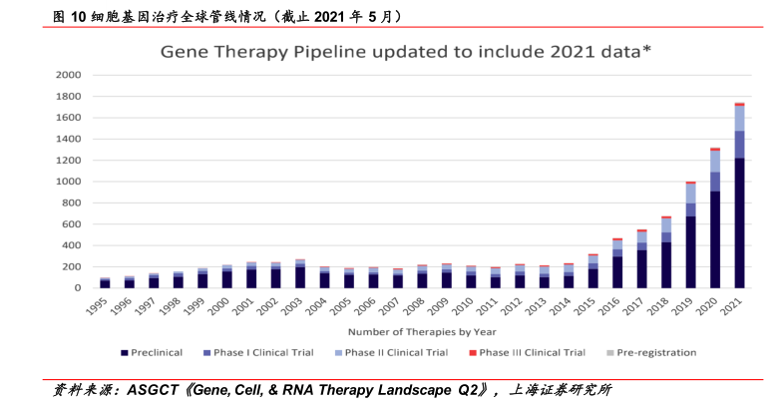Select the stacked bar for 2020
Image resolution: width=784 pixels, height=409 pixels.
click(x=715, y=218)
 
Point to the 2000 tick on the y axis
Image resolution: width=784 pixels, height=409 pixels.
click(x=69, y=75)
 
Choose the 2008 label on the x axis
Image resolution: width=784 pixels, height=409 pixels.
click(x=418, y=305)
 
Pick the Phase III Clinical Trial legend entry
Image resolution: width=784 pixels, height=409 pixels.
click(x=532, y=352)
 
